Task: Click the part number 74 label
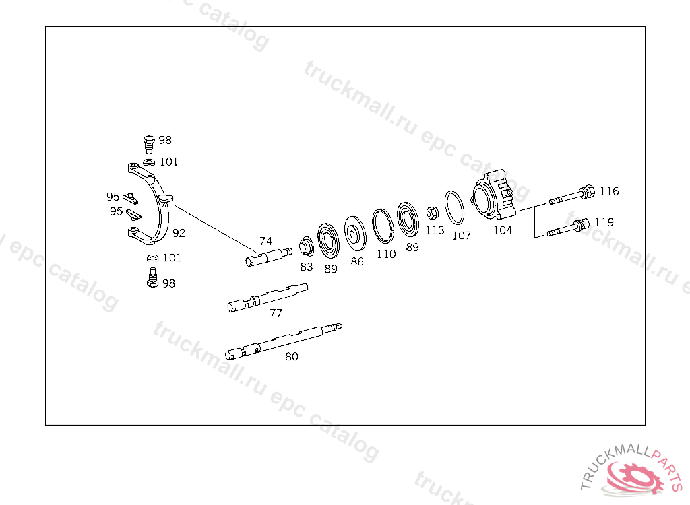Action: click(265, 241)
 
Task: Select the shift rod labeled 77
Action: click(268, 298)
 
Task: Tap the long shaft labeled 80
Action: click(284, 341)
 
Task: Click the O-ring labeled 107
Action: click(455, 207)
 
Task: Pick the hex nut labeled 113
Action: click(433, 213)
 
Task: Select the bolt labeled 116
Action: click(571, 195)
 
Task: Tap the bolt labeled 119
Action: click(568, 228)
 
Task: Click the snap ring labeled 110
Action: click(383, 226)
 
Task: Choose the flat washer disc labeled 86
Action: click(355, 234)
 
